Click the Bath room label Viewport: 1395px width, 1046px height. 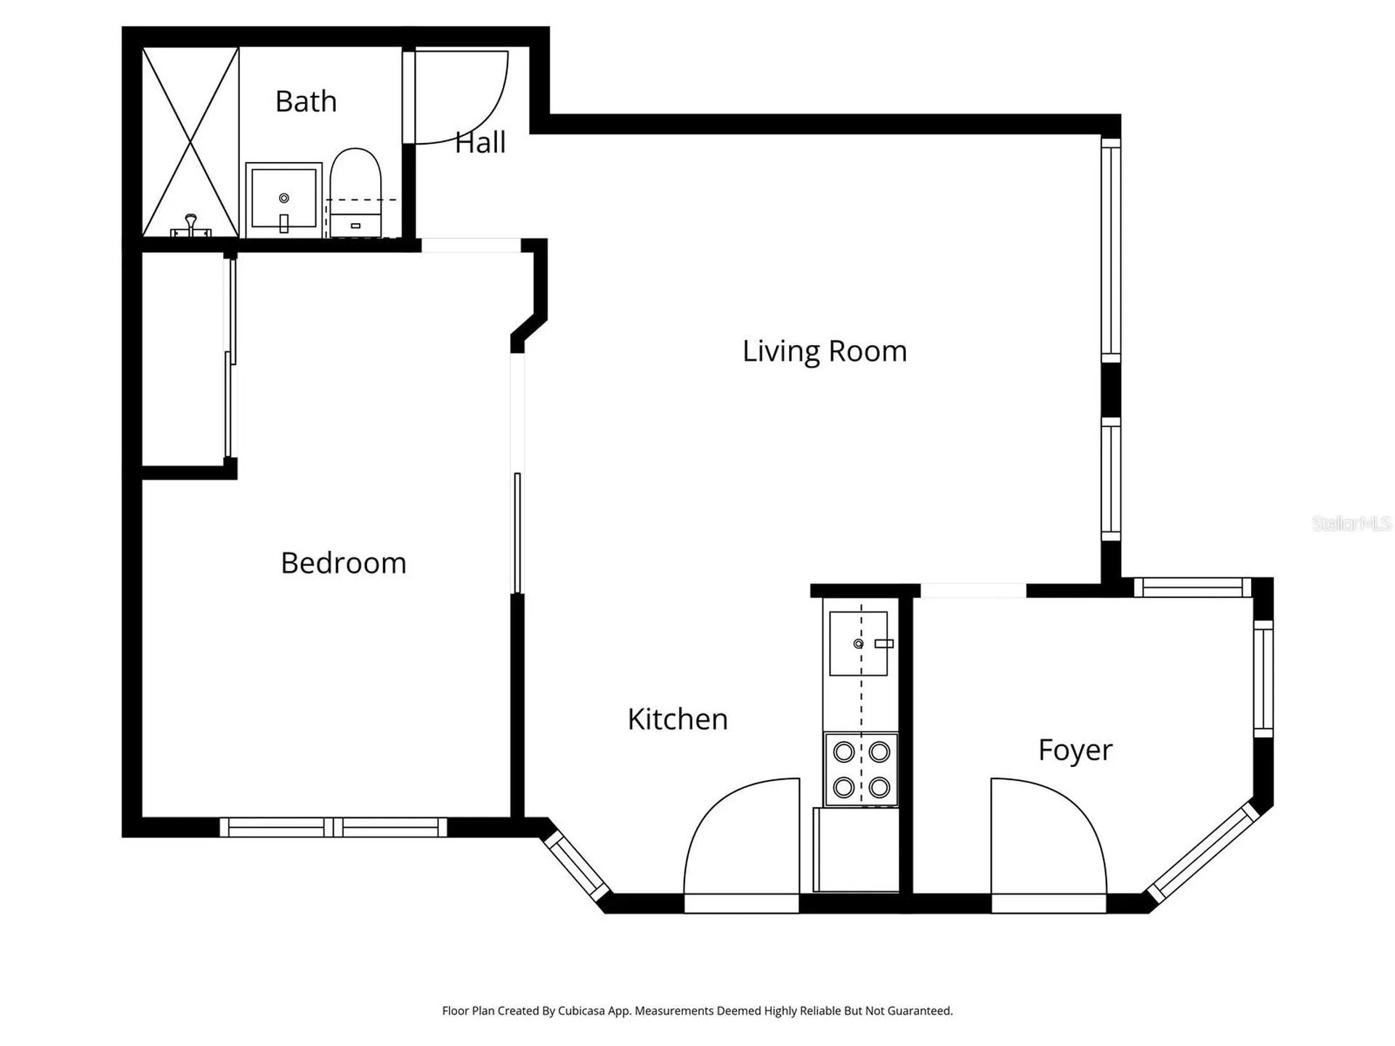pos(306,102)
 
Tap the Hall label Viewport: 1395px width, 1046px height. pos(480,142)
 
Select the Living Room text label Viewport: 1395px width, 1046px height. pos(825,352)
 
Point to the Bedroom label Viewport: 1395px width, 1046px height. pos(344,563)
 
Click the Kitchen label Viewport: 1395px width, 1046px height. pos(678,719)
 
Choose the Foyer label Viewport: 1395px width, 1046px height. pos(1075,750)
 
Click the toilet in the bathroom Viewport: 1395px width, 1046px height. pos(355,192)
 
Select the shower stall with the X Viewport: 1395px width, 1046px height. pos(190,142)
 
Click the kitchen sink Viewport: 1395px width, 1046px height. pos(859,644)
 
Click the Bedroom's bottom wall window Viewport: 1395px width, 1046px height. pos(333,827)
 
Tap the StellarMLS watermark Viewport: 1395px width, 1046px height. pos(1351,523)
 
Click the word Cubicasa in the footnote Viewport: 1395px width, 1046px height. pos(581,1010)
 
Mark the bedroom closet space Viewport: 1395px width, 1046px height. pos(183,358)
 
